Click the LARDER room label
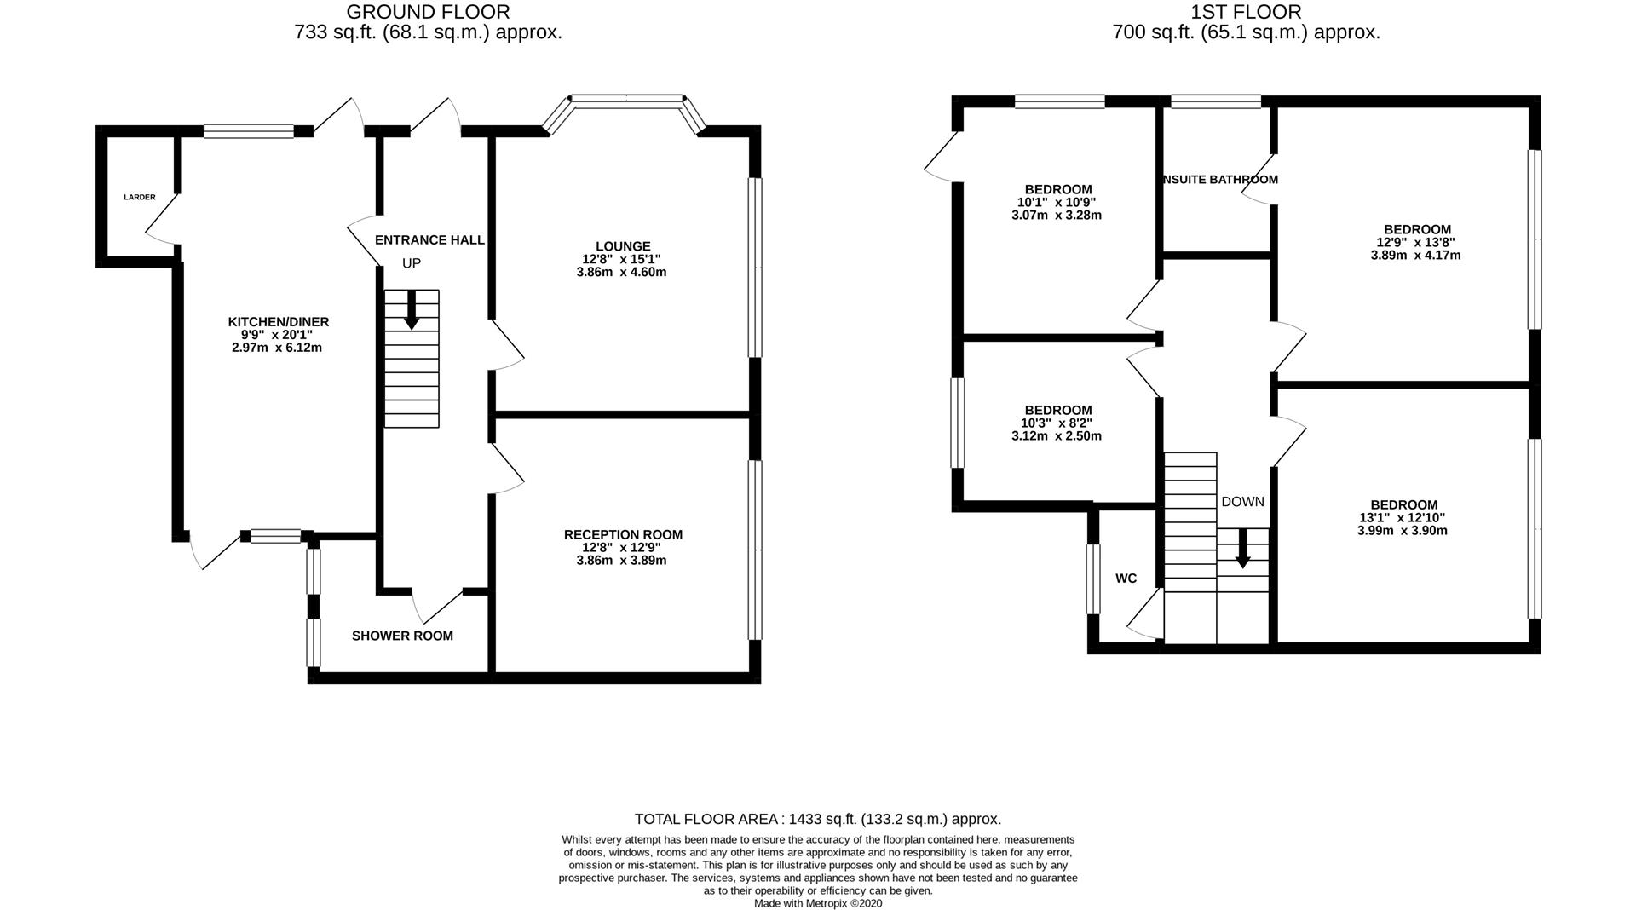140,197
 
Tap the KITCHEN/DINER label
278,322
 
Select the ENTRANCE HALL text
429,240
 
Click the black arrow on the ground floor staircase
412,309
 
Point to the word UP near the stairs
412,263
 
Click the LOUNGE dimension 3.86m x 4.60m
621,273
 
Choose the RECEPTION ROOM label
623,535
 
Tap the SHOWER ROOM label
402,636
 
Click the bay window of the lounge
627,101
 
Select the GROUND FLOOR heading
428,12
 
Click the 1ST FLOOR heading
1246,12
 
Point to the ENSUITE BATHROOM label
1220,180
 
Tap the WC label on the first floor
1126,579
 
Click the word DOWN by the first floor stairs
1242,502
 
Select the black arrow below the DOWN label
1242,549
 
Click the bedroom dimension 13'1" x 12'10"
1402,518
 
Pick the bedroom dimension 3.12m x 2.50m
1057,436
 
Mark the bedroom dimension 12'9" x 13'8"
1415,242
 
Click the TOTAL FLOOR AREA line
817,819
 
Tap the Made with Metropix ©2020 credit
817,903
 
